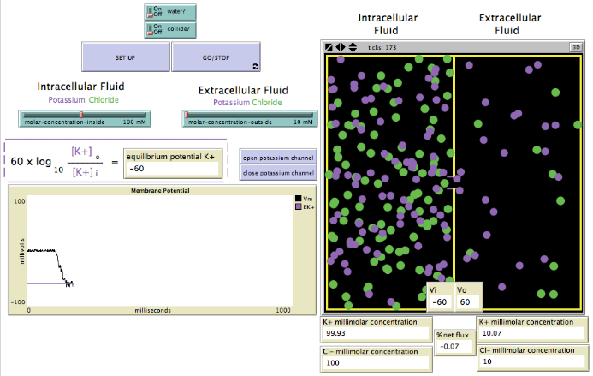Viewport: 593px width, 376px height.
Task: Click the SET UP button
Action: [125, 57]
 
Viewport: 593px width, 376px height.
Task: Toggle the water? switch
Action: [169, 12]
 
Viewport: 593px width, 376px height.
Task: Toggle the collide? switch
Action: [169, 30]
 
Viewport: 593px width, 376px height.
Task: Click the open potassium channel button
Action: [277, 158]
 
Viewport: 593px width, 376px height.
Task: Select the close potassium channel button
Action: [277, 173]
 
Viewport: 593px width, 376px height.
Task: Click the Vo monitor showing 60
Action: [467, 301]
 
